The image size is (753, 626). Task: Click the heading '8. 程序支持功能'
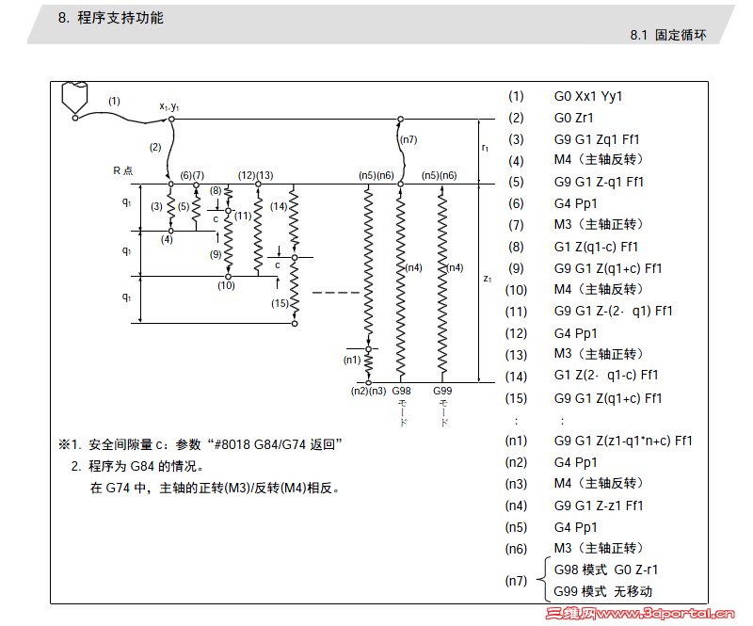111,17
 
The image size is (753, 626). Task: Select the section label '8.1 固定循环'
667,35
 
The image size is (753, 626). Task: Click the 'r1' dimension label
485,149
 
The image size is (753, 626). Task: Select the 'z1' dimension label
487,280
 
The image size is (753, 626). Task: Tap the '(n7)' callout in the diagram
408,140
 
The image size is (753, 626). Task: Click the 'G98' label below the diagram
402,391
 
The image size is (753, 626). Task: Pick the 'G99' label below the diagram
442,391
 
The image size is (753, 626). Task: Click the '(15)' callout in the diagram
280,303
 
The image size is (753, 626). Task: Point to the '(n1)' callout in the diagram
352,360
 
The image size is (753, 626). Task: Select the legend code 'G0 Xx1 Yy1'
588,96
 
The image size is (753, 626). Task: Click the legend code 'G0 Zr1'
573,118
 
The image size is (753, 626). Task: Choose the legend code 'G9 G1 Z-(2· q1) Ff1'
613,311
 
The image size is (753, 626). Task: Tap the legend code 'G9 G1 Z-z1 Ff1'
599,506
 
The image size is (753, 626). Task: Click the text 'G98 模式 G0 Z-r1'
606,570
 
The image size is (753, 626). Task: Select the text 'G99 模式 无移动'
602,591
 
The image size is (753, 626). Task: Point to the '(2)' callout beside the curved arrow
155,147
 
